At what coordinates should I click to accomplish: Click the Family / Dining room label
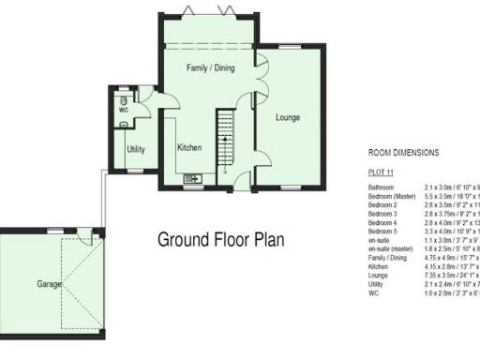pyautogui.click(x=210, y=67)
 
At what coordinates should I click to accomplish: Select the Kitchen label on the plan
pyautogui.click(x=190, y=147)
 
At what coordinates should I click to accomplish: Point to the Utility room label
pyautogui.click(x=135, y=149)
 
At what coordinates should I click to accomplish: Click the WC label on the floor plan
pyautogui.click(x=123, y=111)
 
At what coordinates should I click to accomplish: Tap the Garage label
pyautogui.click(x=50, y=282)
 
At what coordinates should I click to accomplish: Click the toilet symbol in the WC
pyautogui.click(x=123, y=98)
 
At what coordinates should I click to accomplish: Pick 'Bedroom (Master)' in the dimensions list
pyautogui.click(x=391, y=196)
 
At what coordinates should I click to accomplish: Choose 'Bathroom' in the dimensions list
pyautogui.click(x=382, y=187)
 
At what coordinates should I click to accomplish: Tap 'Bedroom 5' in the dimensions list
pyautogui.click(x=383, y=231)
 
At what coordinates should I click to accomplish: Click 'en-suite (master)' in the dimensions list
pyautogui.click(x=392, y=248)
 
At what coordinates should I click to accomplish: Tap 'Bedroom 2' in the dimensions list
pyautogui.click(x=383, y=204)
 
